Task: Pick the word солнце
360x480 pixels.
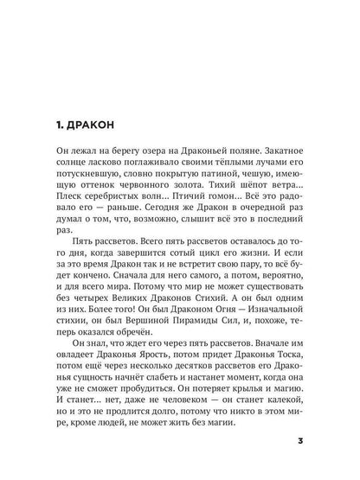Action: (x=64, y=172)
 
